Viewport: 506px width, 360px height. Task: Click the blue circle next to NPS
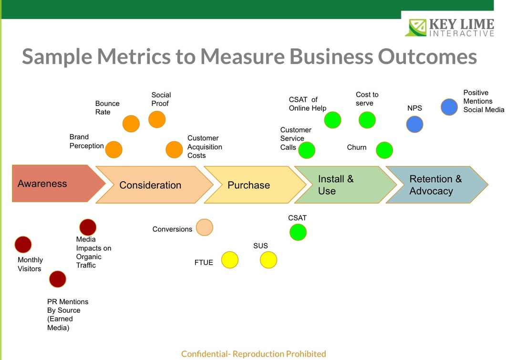(414, 124)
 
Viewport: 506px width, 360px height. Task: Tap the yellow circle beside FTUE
(230, 260)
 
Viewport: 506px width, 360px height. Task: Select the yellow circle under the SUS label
(268, 260)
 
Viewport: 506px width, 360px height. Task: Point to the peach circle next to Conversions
(205, 227)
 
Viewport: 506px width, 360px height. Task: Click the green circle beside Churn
(384, 150)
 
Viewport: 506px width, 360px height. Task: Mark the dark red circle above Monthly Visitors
(23, 245)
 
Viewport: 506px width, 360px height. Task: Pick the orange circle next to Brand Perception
(114, 149)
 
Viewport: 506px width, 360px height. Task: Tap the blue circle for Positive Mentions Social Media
(449, 107)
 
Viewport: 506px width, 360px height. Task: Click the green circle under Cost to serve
(367, 120)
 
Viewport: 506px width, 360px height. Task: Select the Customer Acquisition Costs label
(205, 147)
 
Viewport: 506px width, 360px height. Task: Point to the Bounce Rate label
(107, 108)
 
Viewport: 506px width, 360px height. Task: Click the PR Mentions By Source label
(67, 315)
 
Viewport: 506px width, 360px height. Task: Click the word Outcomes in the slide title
(427, 56)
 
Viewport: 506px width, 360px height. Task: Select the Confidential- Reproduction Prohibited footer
(253, 354)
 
